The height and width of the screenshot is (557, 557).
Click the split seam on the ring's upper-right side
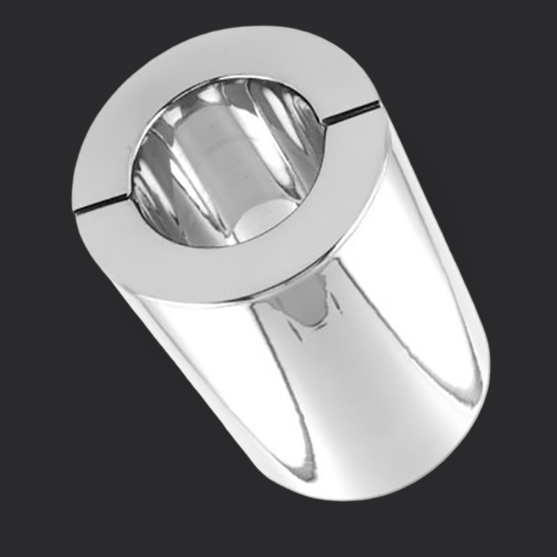tap(352, 114)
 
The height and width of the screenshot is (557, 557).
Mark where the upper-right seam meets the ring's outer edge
tap(380, 104)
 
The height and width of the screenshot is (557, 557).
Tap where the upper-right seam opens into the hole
tap(324, 123)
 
